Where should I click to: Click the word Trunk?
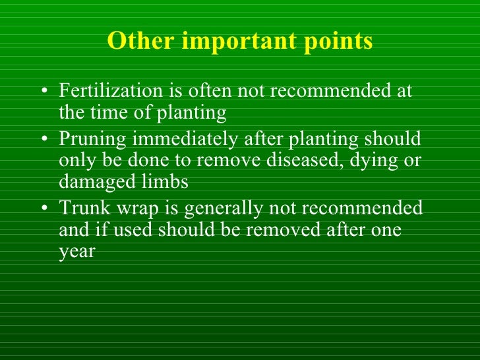[x=81, y=208]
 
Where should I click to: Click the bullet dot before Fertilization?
[x=44, y=92]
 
